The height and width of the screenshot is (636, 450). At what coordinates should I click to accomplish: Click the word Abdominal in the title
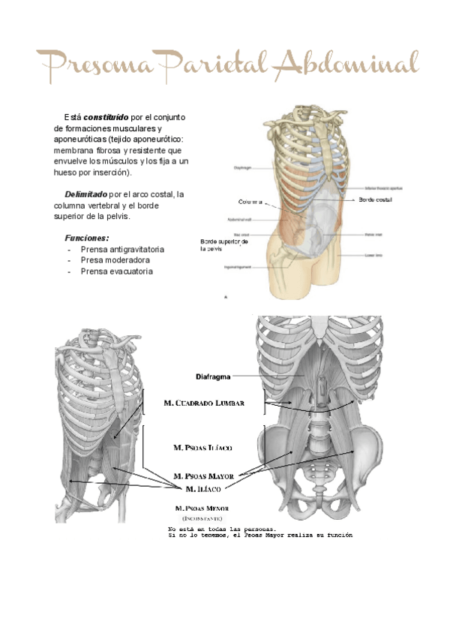(x=345, y=65)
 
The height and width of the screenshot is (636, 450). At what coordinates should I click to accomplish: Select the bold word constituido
(x=106, y=118)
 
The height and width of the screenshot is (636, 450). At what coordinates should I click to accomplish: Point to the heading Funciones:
(x=87, y=237)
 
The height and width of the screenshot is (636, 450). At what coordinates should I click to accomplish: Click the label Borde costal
(x=375, y=200)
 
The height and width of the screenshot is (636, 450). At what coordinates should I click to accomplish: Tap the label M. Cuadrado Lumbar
(x=203, y=404)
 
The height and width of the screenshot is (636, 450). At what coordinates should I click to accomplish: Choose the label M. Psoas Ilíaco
(x=202, y=448)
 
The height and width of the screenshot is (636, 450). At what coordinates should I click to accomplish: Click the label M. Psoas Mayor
(x=203, y=475)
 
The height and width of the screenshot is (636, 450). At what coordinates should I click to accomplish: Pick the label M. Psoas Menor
(x=202, y=508)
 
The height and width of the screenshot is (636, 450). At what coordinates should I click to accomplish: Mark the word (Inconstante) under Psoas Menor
(x=202, y=518)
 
